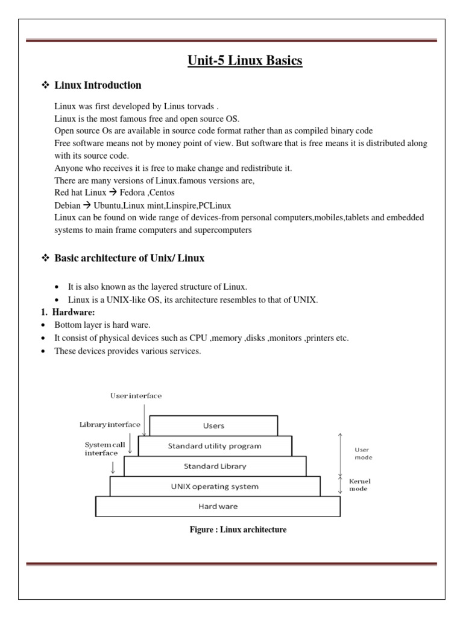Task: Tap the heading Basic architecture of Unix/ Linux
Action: [130, 258]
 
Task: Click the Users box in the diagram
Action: [213, 425]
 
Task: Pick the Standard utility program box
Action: [214, 446]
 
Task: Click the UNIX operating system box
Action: [214, 486]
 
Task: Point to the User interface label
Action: [136, 396]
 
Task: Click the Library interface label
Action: [110, 424]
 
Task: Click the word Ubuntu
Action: [105, 205]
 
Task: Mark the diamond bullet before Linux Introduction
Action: [44, 85]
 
